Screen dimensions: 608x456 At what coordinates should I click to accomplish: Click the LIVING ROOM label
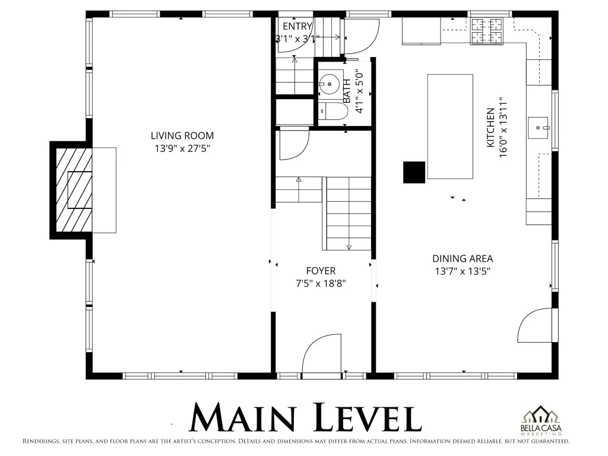[182, 136]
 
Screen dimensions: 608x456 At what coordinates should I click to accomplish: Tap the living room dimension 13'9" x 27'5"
[182, 148]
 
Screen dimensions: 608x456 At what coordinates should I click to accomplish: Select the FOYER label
[321, 271]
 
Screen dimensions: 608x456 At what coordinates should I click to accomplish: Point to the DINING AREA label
[463, 259]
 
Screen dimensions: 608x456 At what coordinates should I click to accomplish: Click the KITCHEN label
[490, 128]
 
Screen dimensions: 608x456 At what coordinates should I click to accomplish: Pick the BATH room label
[347, 91]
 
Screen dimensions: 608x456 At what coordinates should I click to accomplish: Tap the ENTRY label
[297, 26]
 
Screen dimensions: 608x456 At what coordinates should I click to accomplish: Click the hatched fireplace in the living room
[74, 190]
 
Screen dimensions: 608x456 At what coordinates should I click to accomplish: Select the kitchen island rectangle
[450, 126]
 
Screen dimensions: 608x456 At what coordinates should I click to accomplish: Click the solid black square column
[414, 172]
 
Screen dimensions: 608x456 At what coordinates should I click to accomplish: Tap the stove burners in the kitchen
[487, 31]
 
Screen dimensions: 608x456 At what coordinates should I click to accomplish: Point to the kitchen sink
[539, 128]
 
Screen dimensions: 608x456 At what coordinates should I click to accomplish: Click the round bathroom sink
[330, 84]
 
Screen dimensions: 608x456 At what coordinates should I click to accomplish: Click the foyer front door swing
[322, 353]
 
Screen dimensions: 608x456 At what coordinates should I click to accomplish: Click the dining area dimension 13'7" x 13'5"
[463, 271]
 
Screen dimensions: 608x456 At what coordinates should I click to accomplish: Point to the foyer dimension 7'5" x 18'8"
[321, 283]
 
